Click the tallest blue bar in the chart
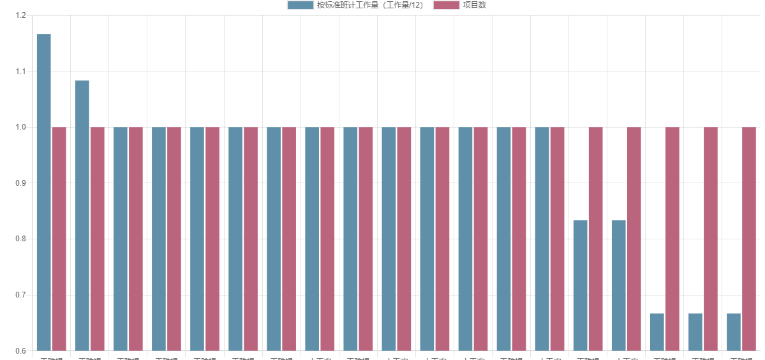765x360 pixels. (43, 191)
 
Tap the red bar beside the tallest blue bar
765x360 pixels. (59, 239)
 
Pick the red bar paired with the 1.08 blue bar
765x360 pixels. (97, 239)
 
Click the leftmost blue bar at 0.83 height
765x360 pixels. (580, 285)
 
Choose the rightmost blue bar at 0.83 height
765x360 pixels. (618, 285)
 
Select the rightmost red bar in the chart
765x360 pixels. (748, 239)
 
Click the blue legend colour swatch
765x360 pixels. (300, 5)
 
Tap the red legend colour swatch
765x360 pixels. (446, 5)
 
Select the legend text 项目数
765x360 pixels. (475, 5)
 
